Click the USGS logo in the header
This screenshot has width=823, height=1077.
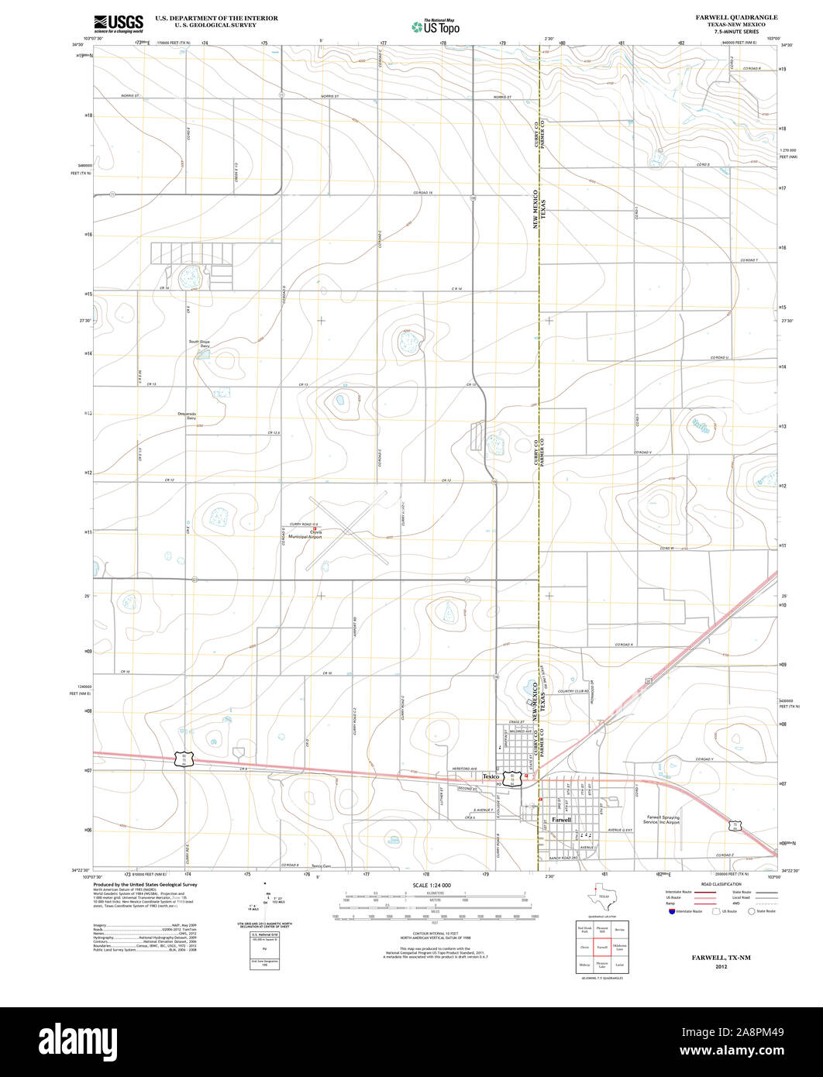118,22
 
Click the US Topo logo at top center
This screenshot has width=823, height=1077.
436,26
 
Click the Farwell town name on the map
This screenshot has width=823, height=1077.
562,819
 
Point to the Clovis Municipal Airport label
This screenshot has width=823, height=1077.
305,534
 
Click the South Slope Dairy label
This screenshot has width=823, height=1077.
199,343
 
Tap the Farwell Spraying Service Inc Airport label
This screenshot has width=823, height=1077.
663,819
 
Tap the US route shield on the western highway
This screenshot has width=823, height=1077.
184,759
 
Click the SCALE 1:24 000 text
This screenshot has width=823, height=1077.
432,885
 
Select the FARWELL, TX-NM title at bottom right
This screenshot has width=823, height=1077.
721,958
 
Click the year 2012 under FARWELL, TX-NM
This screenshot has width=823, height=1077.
721,967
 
